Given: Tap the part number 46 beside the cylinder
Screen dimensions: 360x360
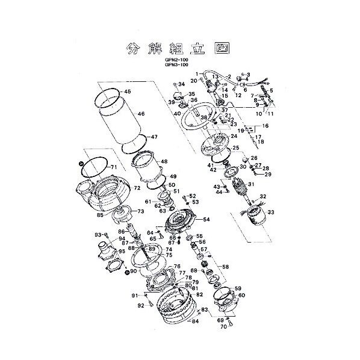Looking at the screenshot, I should [x=141, y=113].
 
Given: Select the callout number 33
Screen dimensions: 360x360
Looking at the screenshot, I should [x=271, y=212].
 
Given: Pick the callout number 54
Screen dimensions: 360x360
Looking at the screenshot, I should [x=206, y=220].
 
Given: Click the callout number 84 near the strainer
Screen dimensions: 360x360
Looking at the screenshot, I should [x=194, y=321].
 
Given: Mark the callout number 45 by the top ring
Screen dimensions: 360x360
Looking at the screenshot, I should [x=127, y=92].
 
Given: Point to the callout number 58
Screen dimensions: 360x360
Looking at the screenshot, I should [x=225, y=267].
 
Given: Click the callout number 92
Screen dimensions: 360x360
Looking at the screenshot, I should [x=140, y=305].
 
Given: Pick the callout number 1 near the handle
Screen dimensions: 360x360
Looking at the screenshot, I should [x=196, y=74].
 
